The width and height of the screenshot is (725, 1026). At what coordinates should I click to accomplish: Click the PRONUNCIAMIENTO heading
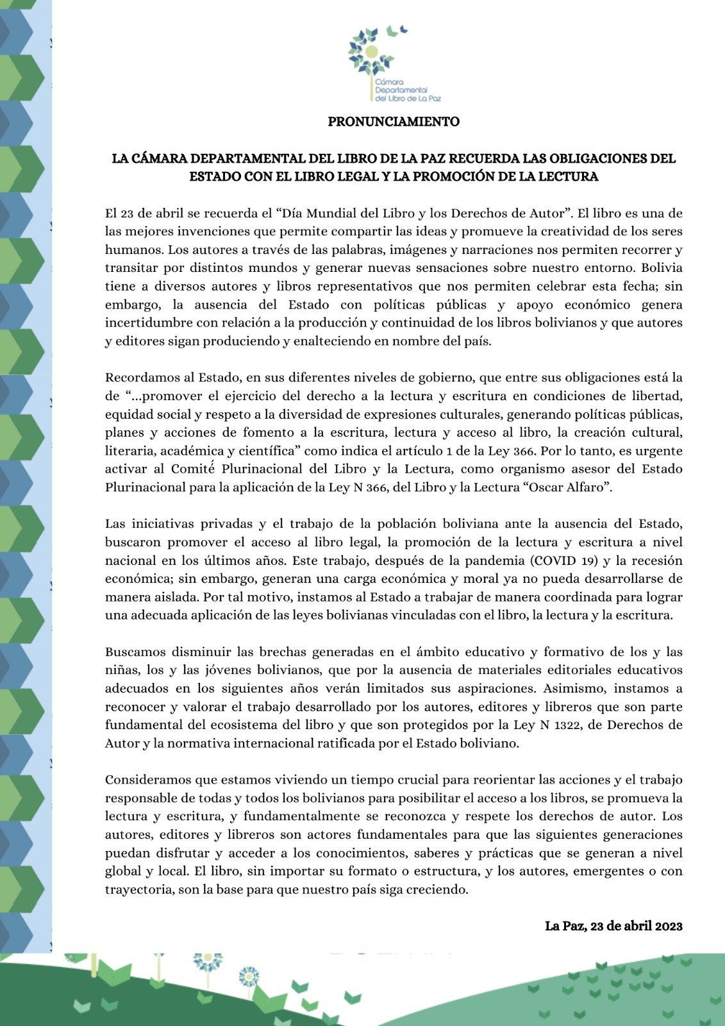[394, 121]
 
